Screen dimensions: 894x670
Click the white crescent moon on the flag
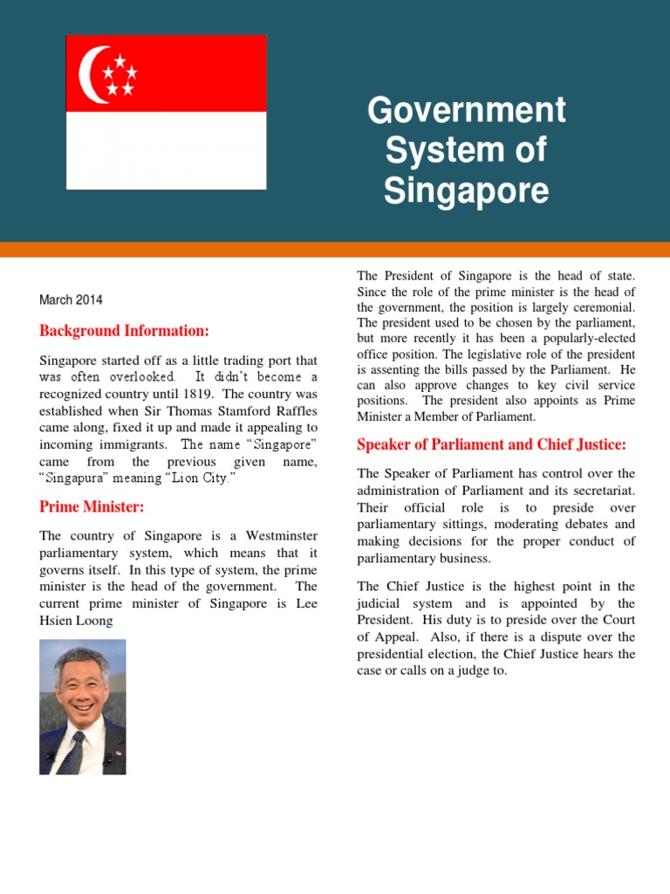[90, 74]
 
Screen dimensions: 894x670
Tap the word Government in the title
[467, 111]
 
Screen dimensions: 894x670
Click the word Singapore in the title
[467, 189]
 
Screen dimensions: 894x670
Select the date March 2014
[71, 299]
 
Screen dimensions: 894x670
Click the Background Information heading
[124, 331]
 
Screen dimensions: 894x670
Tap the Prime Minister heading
[92, 506]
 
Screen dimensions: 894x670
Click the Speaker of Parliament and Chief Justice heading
[491, 444]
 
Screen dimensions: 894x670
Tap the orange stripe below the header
[335, 250]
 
